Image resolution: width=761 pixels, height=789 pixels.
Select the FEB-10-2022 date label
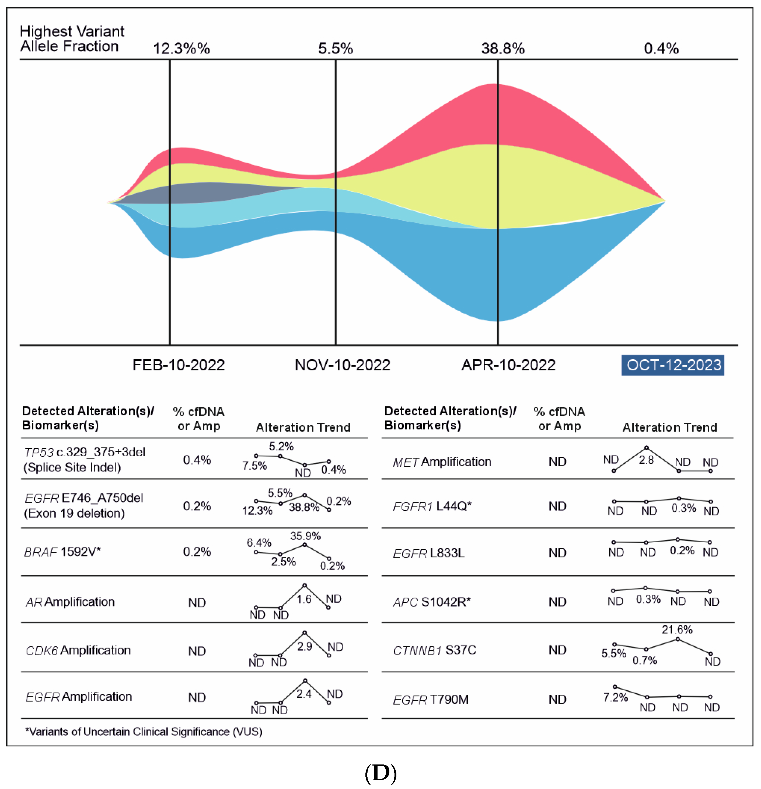pos(179,365)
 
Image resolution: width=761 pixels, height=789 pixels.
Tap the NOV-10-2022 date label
pos(342,365)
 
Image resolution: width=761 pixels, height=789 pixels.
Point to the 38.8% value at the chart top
pos(503,49)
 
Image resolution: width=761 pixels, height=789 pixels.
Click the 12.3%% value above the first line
pos(181,49)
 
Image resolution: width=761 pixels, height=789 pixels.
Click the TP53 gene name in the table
pos(39,453)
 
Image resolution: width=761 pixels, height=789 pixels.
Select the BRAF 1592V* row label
pos(62,552)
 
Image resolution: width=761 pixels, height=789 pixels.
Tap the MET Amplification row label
pos(442,462)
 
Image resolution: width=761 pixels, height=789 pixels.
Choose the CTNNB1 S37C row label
pos(434,650)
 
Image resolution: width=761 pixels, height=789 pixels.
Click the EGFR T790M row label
pos(430,700)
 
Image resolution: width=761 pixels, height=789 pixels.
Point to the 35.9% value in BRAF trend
pos(305,536)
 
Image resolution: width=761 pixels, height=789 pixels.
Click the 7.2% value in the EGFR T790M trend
pos(615,698)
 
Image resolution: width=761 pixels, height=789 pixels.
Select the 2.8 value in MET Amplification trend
pos(646,460)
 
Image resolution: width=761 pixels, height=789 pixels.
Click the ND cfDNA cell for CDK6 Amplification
pos(197,651)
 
